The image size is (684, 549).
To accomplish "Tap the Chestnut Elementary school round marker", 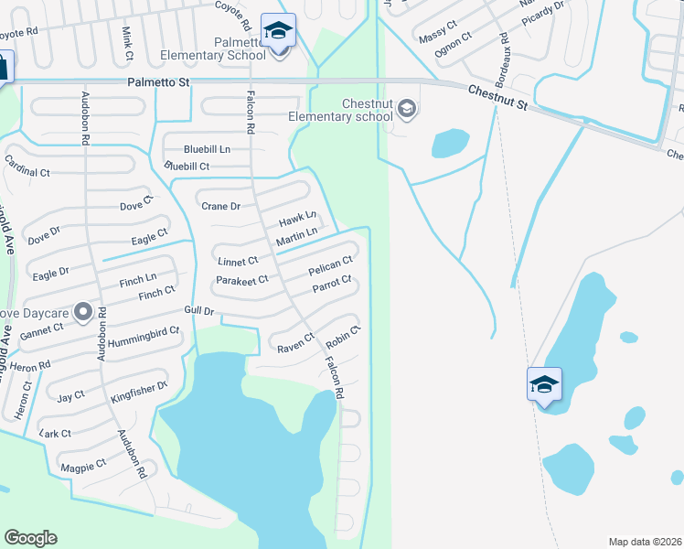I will (407, 111).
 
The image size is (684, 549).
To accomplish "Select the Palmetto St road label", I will (158, 83).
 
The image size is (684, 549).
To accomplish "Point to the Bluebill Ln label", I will (207, 149).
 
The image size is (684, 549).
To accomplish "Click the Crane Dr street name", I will (220, 207).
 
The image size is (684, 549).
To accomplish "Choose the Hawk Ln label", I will (297, 219).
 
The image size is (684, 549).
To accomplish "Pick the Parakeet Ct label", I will (242, 280).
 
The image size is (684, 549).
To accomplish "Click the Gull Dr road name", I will (198, 311).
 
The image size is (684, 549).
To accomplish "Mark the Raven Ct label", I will (295, 347).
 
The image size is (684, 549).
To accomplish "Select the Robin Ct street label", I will (344, 339).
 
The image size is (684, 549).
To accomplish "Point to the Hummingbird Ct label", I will (144, 336).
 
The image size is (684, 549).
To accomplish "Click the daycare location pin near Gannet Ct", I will (84, 312).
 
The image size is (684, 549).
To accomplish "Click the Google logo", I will (30, 538).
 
